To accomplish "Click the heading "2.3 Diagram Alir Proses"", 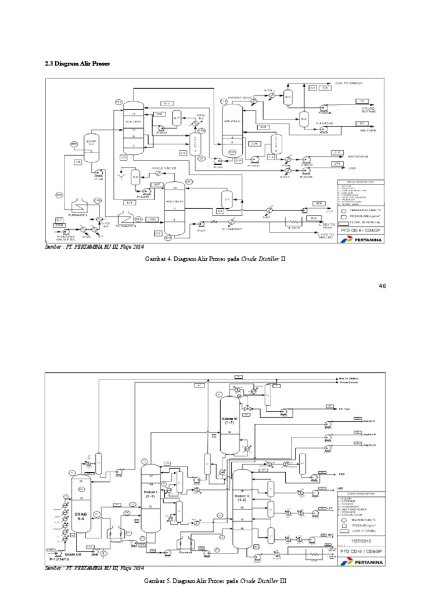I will point(77,63).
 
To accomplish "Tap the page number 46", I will point(382,286).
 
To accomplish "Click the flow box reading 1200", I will point(152,219).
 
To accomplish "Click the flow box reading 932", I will point(314,218).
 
